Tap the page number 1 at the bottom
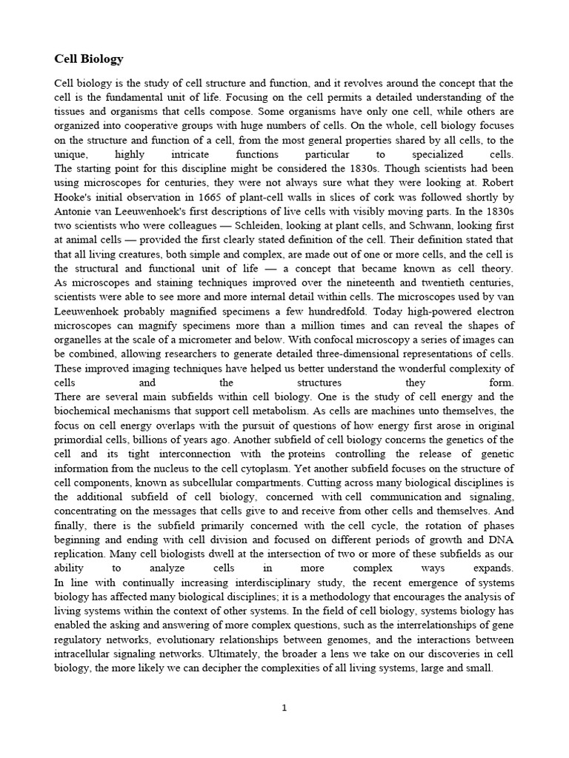pyautogui.click(x=284, y=708)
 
